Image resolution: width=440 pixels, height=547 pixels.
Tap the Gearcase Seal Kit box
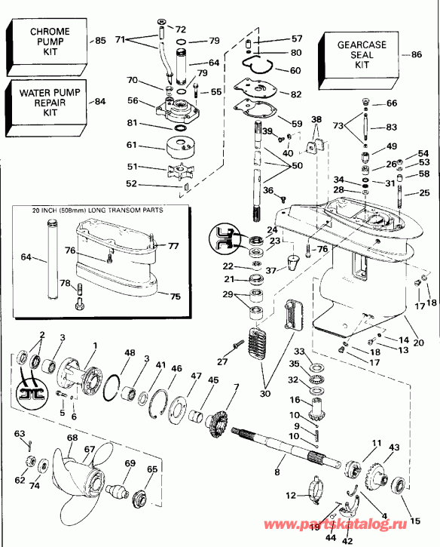[x=361, y=55]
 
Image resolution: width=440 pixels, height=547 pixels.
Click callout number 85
[x=99, y=40]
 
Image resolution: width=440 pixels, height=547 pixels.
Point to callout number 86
[x=417, y=54]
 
